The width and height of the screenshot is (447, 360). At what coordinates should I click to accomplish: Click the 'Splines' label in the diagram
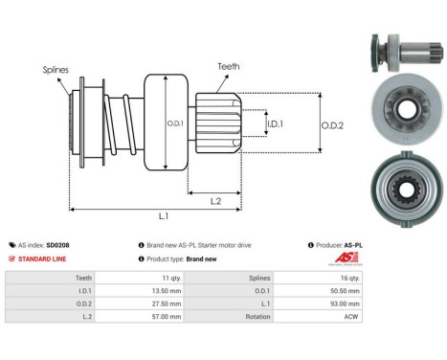pos(55,70)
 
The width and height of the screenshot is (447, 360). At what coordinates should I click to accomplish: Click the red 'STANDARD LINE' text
pos(45,259)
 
